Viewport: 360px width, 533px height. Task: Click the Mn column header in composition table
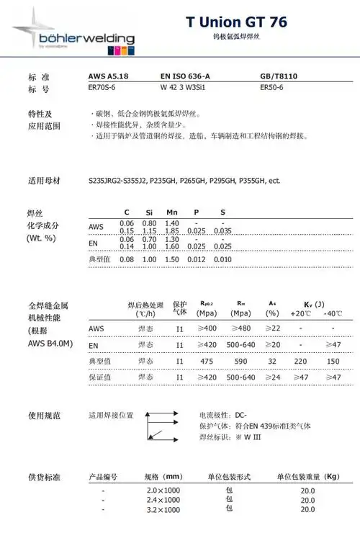[171, 212]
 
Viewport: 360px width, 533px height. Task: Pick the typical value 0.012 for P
[196, 259]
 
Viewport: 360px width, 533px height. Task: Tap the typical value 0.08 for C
[127, 259]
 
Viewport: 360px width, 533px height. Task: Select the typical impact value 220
[301, 361]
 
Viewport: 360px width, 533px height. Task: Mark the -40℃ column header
[333, 314]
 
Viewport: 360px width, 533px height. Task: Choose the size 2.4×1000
[163, 499]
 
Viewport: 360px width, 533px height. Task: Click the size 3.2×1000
[163, 510]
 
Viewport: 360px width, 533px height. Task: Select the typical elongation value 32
[272, 361]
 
